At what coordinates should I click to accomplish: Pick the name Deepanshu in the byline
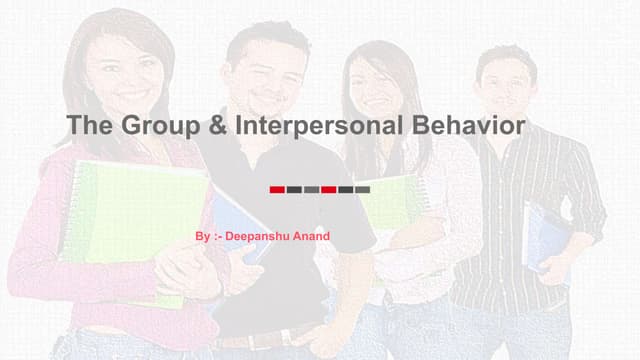pos(256,236)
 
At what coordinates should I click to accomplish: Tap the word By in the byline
pos(203,236)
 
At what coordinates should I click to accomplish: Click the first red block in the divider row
pos(277,189)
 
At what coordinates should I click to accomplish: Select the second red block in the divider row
pos(328,189)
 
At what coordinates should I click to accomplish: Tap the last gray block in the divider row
pos(362,189)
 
